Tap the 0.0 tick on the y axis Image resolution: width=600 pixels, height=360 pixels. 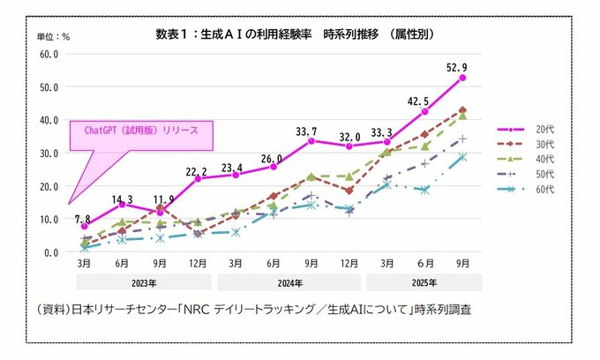[49, 251]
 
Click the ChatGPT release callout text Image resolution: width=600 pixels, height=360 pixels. [141, 130]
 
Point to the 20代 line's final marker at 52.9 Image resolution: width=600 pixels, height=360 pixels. [462, 78]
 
